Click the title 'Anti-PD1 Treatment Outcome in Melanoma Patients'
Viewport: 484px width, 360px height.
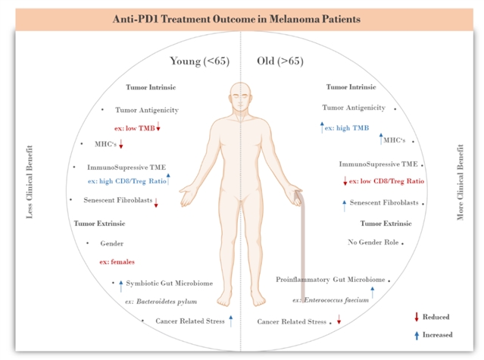pos(242,17)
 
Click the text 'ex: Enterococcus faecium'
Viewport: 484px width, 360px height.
pos(331,299)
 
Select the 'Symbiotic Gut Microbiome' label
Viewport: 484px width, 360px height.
pos(169,283)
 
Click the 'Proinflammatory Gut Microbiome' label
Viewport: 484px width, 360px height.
pos(330,280)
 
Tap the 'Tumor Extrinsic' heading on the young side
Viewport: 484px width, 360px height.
pos(99,224)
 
